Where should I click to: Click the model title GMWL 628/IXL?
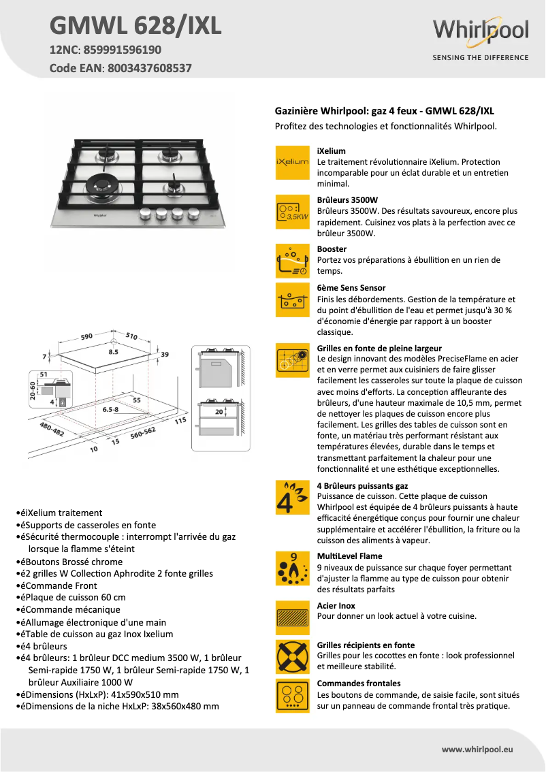(135, 26)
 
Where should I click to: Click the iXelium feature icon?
(292, 163)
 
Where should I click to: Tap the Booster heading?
(332, 249)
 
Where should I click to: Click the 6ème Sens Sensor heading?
(351, 288)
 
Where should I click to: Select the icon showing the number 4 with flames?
(292, 498)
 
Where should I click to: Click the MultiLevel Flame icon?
(292, 568)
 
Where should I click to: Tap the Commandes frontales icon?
(292, 695)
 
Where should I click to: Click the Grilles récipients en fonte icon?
(292, 657)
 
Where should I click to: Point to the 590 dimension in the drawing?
(86, 336)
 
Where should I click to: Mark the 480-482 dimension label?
(52, 430)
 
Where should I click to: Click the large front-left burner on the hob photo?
(101, 184)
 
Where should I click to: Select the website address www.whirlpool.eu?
(477, 749)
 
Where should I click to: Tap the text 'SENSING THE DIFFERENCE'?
(481, 58)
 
